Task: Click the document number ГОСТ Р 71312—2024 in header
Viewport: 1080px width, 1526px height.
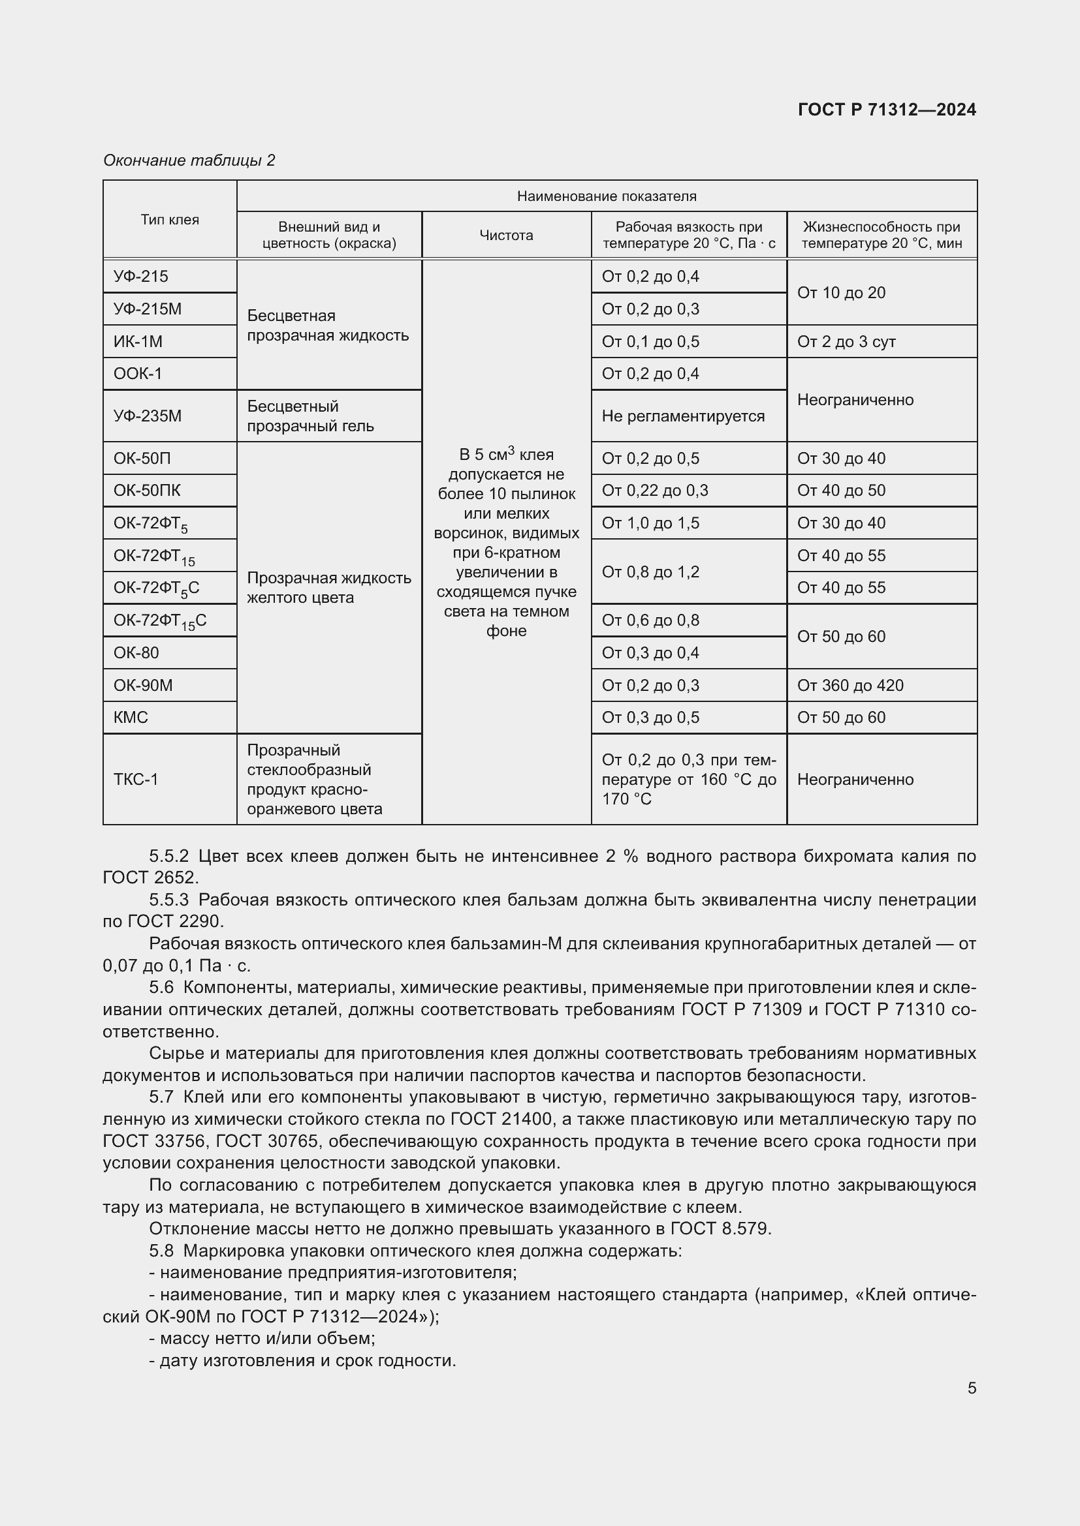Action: click(887, 110)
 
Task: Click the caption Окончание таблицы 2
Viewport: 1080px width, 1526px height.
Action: click(189, 160)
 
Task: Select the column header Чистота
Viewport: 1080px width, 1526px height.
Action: click(506, 236)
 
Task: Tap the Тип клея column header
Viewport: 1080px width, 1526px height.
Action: click(170, 219)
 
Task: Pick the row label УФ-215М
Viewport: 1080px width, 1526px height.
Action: click(148, 309)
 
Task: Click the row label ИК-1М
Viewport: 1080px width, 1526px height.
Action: click(138, 342)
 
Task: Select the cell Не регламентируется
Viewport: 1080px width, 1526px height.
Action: click(683, 416)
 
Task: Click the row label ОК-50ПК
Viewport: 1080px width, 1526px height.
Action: click(147, 491)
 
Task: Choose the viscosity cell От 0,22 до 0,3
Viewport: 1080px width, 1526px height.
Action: click(654, 491)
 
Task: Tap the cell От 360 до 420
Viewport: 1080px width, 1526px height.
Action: click(850, 685)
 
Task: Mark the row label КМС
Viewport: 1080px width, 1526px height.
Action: click(131, 717)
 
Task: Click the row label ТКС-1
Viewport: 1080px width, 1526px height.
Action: click(136, 779)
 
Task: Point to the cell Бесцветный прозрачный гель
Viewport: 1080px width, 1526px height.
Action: click(311, 416)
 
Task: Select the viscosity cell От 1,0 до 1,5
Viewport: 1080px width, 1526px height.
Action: click(650, 523)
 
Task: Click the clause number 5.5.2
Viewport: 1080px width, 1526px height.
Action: click(169, 856)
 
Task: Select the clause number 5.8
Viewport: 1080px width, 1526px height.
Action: click(161, 1250)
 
